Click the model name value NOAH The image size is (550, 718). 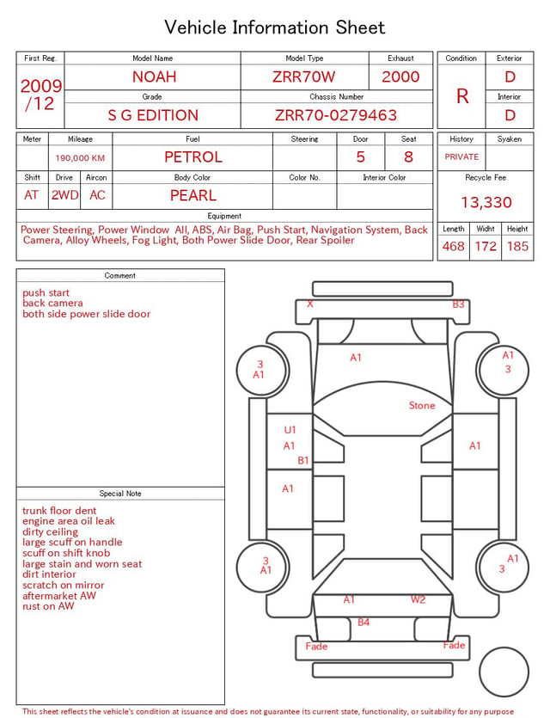pos(154,77)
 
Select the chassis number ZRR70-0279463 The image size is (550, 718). pos(336,115)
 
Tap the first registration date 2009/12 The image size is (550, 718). pos(40,95)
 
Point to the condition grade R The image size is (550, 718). pos(462,96)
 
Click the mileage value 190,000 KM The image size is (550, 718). pos(80,158)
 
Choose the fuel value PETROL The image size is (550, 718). pos(193,157)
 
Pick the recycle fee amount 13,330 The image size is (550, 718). pos(486,202)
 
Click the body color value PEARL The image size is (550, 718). pos(193,195)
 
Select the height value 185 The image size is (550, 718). pos(517,246)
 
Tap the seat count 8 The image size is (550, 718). pos(408,157)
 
